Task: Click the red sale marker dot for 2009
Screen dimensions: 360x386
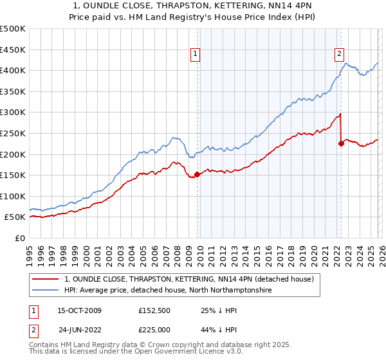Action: tap(197, 174)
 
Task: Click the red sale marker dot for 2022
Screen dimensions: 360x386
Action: tap(341, 144)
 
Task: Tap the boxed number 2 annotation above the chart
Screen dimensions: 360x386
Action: tap(339, 55)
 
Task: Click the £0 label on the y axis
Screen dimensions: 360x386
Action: tap(19, 238)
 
